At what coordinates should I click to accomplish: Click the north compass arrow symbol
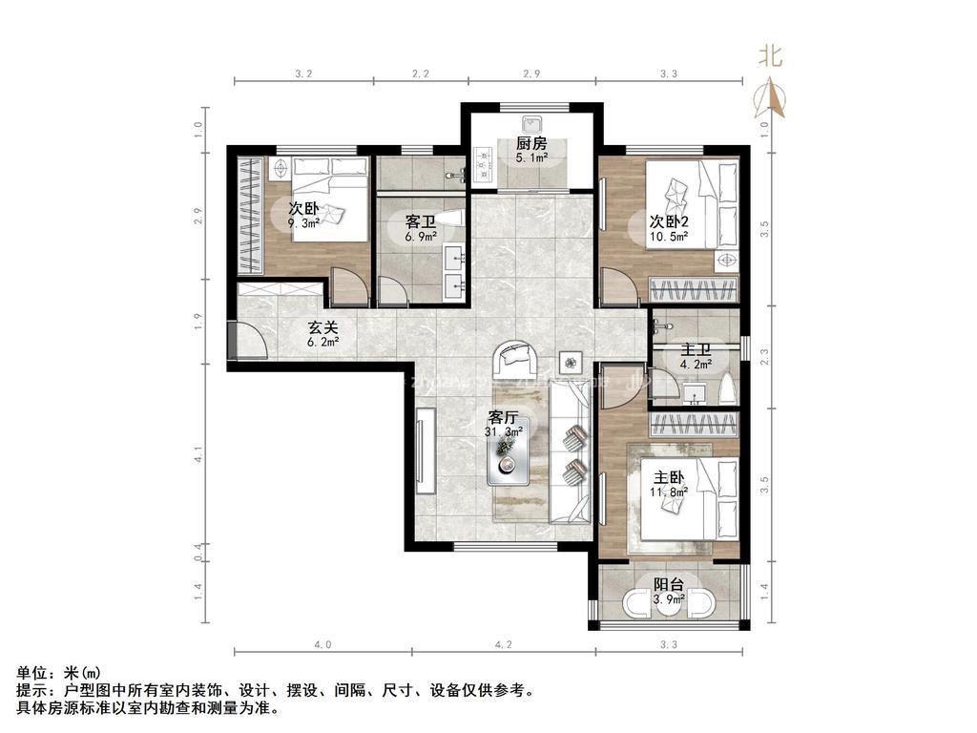pyautogui.click(x=772, y=96)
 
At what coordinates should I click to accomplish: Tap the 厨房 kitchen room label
pyautogui.click(x=531, y=144)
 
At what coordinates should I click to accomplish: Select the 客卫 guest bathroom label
pyautogui.click(x=421, y=221)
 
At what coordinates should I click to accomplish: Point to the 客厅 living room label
pyautogui.click(x=503, y=418)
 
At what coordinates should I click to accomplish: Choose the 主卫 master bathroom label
pyautogui.click(x=695, y=349)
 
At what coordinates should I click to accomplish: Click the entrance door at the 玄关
pyautogui.click(x=244, y=340)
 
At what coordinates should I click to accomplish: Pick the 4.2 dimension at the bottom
pyautogui.click(x=504, y=645)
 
